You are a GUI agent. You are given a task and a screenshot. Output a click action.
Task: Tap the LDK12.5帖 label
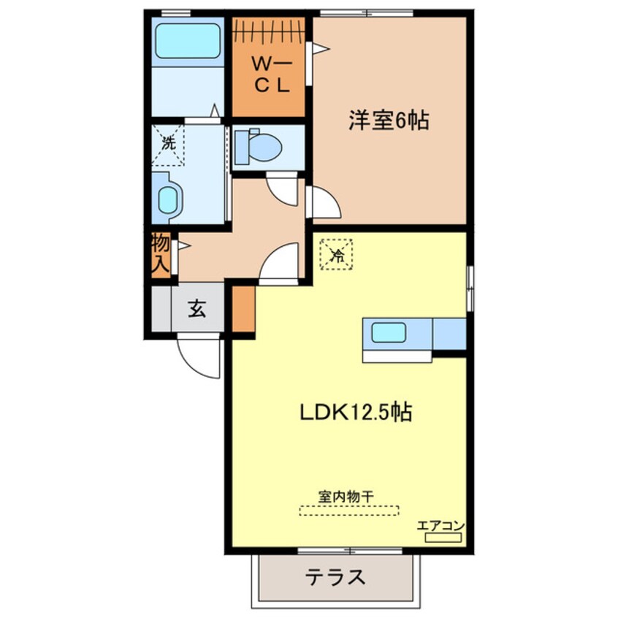click(x=356, y=413)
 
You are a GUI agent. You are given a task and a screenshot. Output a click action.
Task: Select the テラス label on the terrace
click(x=335, y=578)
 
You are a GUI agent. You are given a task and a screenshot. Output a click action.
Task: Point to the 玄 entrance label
click(x=197, y=309)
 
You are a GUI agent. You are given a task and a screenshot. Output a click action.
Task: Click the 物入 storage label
click(x=161, y=253)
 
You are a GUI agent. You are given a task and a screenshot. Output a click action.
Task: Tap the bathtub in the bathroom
click(x=188, y=41)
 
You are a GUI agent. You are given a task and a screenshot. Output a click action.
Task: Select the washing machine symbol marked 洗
click(x=169, y=143)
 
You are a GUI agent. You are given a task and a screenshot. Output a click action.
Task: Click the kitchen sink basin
click(x=389, y=333)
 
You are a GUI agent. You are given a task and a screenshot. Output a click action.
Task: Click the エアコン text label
click(x=441, y=525)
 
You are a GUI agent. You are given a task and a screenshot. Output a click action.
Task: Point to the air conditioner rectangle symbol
click(x=443, y=538)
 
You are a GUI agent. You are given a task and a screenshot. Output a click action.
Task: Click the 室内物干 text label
click(x=346, y=496)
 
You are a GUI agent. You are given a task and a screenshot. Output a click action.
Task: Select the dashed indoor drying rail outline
click(x=349, y=511)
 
